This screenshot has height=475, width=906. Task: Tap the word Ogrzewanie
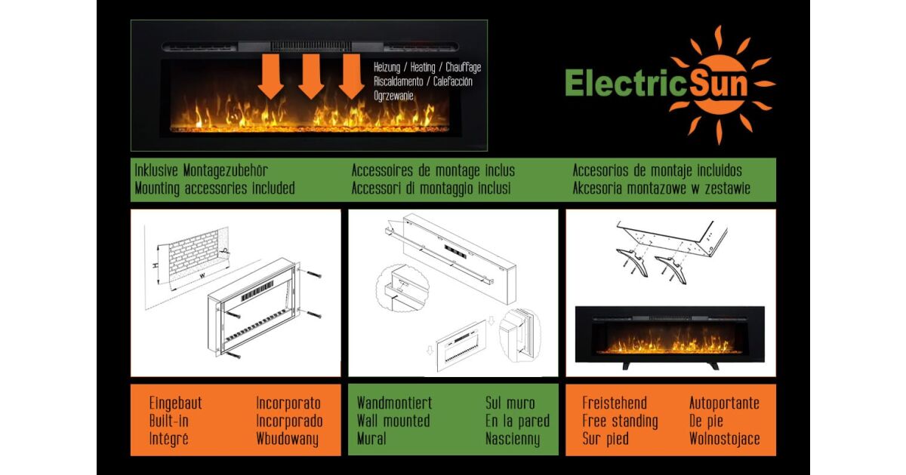tap(393, 97)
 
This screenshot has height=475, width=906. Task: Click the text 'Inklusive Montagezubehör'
tap(201, 171)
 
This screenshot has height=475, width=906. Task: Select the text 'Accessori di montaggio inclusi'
tap(431, 188)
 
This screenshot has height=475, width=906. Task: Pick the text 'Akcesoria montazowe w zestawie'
tap(661, 188)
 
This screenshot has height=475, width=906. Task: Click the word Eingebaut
tap(176, 403)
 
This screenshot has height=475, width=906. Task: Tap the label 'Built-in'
tap(169, 421)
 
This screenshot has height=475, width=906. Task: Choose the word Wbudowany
tap(288, 439)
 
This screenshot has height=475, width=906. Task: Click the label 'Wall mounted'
tap(393, 421)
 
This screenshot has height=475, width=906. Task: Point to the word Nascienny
tap(513, 439)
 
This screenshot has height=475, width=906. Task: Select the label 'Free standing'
tap(620, 421)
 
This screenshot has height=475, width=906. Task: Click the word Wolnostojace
tap(725, 439)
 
